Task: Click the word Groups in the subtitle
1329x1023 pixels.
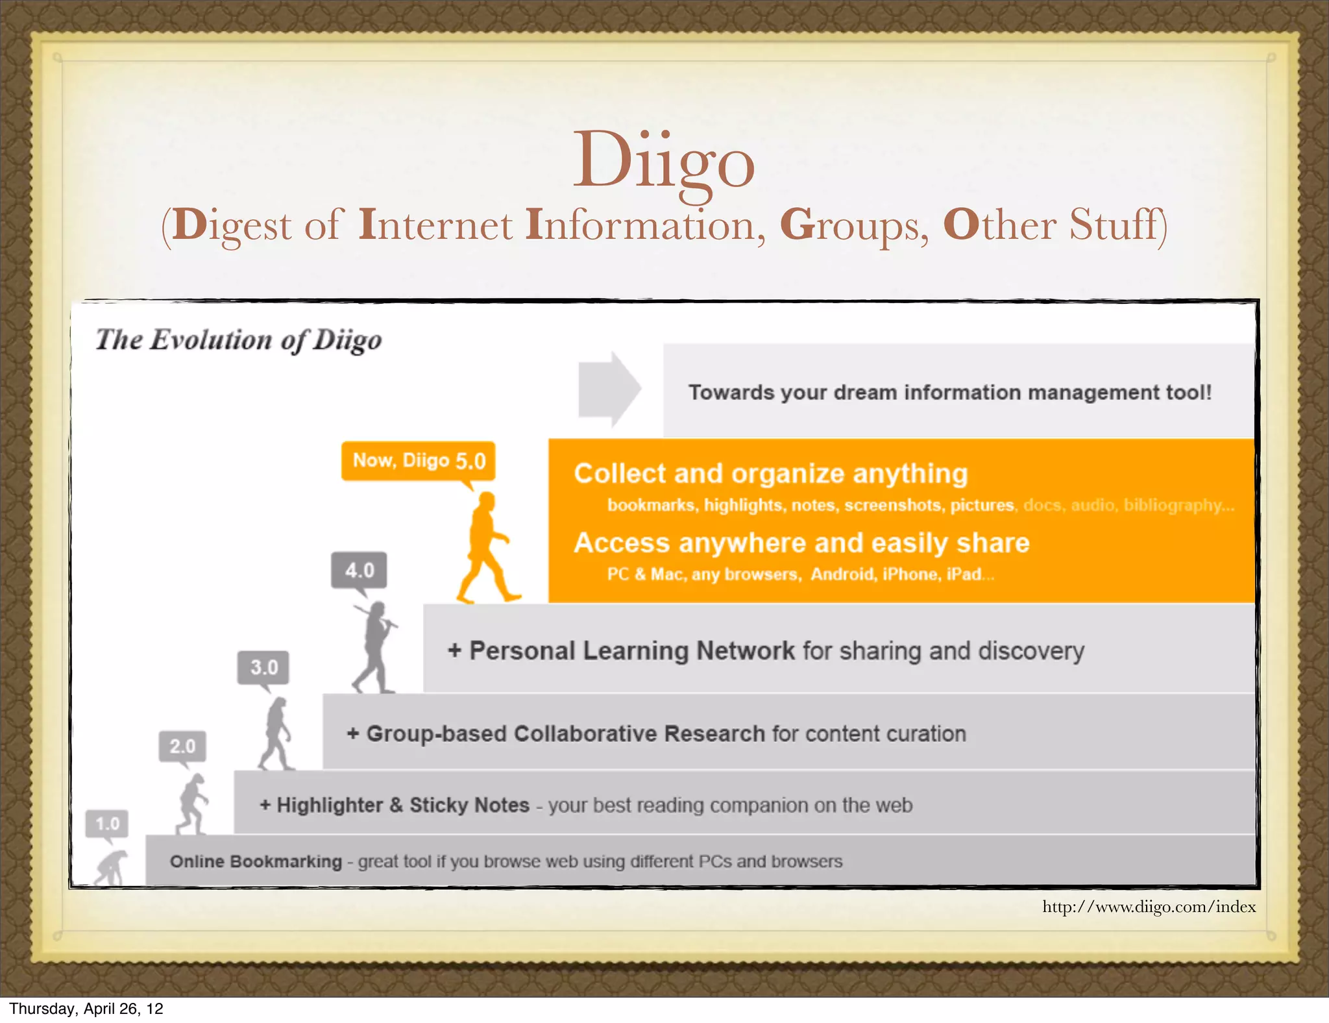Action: pyautogui.click(x=854, y=225)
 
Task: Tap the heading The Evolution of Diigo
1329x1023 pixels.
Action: pyautogui.click(x=238, y=340)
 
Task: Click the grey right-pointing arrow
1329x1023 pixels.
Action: pyautogui.click(x=609, y=389)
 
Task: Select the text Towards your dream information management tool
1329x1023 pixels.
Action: pyautogui.click(x=949, y=393)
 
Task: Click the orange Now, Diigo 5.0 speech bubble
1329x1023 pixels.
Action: pyautogui.click(x=419, y=461)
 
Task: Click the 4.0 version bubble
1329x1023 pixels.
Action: pyautogui.click(x=360, y=571)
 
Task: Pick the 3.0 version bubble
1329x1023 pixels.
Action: pyautogui.click(x=263, y=667)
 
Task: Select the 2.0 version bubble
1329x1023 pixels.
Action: pyautogui.click(x=182, y=746)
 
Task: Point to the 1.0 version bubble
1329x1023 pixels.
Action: pyautogui.click(x=107, y=824)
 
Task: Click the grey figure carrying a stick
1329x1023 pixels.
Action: pyautogui.click(x=376, y=647)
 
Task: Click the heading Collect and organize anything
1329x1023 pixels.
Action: pyautogui.click(x=770, y=474)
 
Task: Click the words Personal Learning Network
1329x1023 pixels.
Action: pyautogui.click(x=631, y=651)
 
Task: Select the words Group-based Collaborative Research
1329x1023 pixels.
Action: pyautogui.click(x=565, y=734)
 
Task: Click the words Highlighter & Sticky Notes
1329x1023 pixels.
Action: pyautogui.click(x=403, y=806)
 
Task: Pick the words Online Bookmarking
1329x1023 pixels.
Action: pyautogui.click(x=256, y=862)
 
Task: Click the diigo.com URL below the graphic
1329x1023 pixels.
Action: pyautogui.click(x=1149, y=907)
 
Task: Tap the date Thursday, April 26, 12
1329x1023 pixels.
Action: pyautogui.click(x=86, y=1009)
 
